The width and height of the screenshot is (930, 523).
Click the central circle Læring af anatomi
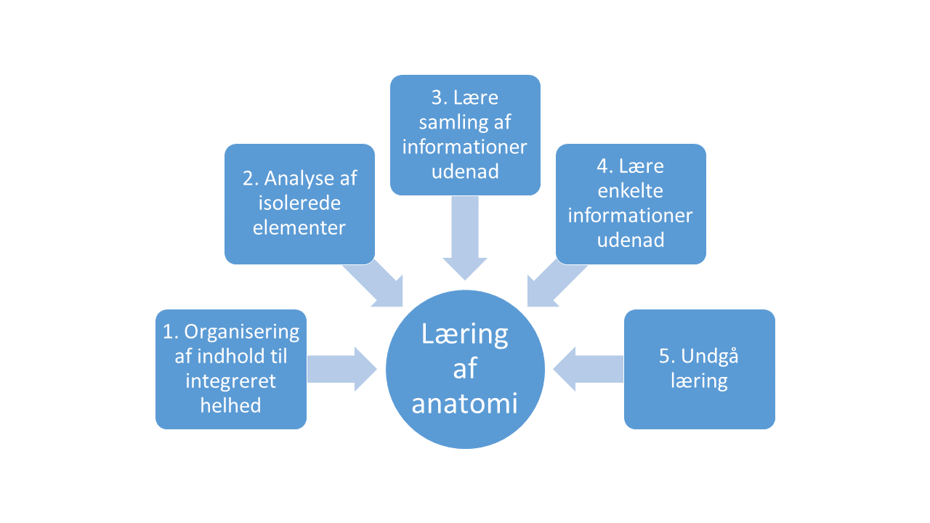tap(465, 369)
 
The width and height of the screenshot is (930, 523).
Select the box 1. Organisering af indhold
tap(231, 369)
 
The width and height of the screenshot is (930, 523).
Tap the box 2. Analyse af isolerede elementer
tap(299, 203)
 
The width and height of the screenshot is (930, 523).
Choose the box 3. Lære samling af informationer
tap(465, 135)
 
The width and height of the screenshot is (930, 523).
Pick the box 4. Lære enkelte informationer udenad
tap(631, 203)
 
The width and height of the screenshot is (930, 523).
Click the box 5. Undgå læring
tap(699, 369)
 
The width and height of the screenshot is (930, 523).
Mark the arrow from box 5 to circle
tap(589, 369)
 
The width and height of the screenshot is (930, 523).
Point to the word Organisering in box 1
tap(241, 332)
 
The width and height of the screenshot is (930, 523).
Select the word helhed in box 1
tap(231, 405)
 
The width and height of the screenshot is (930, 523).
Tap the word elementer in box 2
tap(299, 227)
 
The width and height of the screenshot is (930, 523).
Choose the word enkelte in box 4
tap(631, 191)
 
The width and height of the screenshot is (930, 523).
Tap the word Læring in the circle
tap(465, 334)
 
